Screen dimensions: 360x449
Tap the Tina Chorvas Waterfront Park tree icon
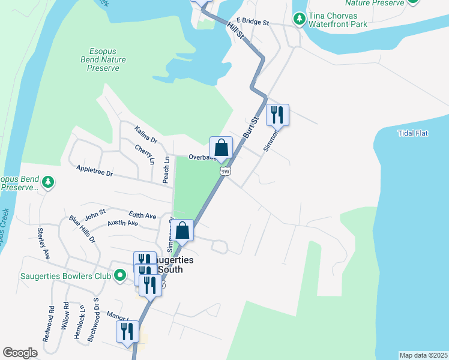[x=299, y=20]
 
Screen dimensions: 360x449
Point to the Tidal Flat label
[x=412, y=133]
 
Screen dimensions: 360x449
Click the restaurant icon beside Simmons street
[x=277, y=115]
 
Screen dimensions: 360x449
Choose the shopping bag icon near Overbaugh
[x=221, y=148]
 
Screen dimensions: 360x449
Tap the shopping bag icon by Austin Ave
[x=182, y=230]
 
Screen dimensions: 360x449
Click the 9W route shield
[x=226, y=171]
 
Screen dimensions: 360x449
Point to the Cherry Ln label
[x=145, y=155]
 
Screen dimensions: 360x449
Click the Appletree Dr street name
[x=94, y=172]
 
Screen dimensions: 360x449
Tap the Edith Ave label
[x=142, y=215]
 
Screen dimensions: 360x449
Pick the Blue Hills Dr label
[x=82, y=229]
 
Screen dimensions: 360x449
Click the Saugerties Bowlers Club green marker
[x=120, y=275]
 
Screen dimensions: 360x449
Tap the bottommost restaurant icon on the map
[x=127, y=331]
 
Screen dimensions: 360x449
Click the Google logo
[x=20, y=353]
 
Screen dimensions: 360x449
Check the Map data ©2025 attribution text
[x=423, y=355]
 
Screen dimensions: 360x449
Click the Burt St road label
[x=250, y=128]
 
